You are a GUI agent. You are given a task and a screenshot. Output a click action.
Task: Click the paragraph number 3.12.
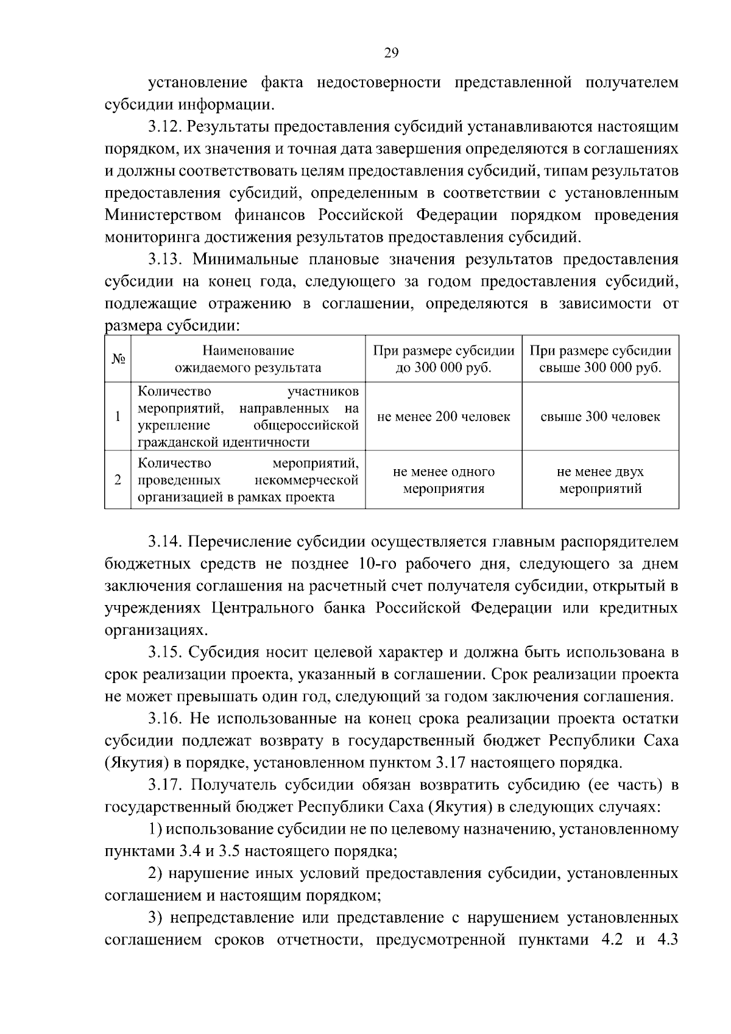[x=165, y=127]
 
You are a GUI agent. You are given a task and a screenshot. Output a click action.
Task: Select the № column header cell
[x=118, y=359]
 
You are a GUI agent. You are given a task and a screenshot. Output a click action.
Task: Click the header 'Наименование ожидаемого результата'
[x=248, y=359]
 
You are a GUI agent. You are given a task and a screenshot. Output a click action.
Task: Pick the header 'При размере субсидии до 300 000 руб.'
[x=443, y=359]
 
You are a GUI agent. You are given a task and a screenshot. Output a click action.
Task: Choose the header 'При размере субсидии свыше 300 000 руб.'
[x=600, y=359]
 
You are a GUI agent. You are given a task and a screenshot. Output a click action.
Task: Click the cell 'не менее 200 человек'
[x=443, y=417]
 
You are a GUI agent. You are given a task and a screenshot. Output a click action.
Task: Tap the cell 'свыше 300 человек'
[x=600, y=417]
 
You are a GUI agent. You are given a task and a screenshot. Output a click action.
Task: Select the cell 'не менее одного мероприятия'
[x=443, y=480]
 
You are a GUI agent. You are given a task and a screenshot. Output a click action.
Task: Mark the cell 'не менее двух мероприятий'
[x=600, y=480]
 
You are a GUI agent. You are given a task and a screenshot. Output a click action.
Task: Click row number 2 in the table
[x=118, y=480]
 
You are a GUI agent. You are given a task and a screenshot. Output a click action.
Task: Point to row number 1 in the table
[x=118, y=417]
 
